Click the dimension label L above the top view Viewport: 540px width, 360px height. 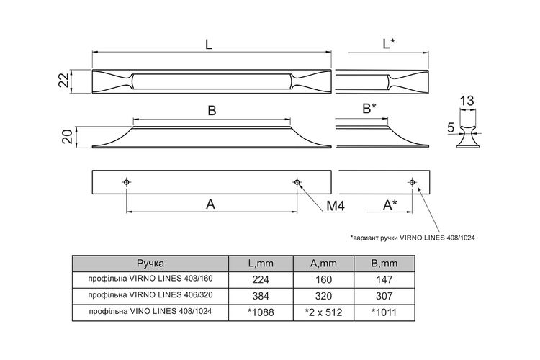[x=208, y=44]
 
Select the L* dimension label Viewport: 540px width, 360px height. [x=389, y=44]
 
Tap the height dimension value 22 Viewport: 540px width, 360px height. [x=63, y=81]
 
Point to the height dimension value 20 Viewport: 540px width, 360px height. [x=68, y=137]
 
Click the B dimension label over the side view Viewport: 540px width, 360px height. [x=212, y=111]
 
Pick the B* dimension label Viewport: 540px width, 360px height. [x=369, y=109]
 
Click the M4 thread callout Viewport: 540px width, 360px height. [x=335, y=206]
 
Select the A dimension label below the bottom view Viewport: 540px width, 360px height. [x=210, y=204]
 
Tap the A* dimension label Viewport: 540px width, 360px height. [x=390, y=205]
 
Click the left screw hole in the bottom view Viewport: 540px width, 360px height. [x=127, y=182]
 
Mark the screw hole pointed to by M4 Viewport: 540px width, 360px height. [x=297, y=182]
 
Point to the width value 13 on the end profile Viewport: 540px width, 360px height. [x=467, y=101]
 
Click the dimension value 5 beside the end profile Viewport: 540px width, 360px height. [x=451, y=128]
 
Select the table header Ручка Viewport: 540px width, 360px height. [x=150, y=264]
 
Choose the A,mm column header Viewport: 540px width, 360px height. [x=323, y=264]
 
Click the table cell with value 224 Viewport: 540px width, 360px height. [x=261, y=279]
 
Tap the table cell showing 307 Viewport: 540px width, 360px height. [x=384, y=296]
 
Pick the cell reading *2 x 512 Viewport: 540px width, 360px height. [x=324, y=312]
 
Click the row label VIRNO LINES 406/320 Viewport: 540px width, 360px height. [x=150, y=295]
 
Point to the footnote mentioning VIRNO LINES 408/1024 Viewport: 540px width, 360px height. [x=413, y=238]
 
